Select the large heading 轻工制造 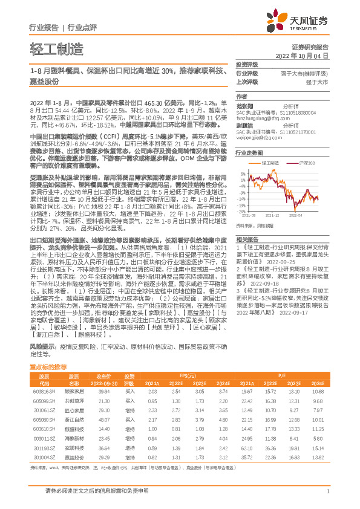(x=55, y=48)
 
